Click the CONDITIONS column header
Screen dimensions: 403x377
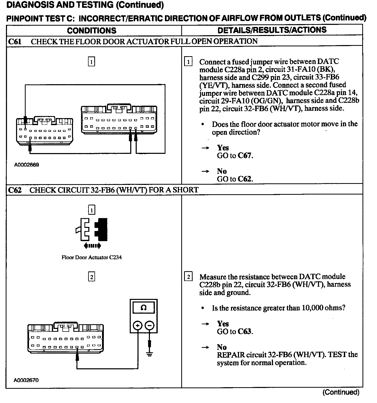pos(92,31)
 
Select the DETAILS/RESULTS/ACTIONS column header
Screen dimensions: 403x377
pos(272,30)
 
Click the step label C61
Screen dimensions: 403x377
pos(15,41)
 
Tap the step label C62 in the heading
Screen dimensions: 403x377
pos(15,190)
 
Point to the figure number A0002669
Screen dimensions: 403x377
pos(26,165)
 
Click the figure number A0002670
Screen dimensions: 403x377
pos(26,380)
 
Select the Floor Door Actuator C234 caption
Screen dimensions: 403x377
pos(91,257)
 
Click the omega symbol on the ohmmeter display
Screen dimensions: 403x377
pos(143,308)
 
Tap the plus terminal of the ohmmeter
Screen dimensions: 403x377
pos(138,325)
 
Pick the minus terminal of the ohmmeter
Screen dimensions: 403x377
pos(150,325)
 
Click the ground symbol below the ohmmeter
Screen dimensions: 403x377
pos(150,354)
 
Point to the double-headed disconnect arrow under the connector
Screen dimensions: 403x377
pos(91,246)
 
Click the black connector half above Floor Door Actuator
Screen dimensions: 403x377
pos(102,229)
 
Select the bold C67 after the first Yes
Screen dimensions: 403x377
pos(245,156)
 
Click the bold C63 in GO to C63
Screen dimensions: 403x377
pos(245,332)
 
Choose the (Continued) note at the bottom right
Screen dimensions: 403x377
pos(341,392)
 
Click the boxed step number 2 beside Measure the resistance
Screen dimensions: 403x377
pos(188,277)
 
